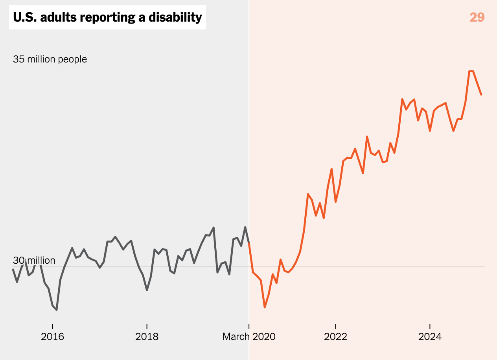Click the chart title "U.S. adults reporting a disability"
107,17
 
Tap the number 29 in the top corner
477,17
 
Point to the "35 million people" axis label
50,59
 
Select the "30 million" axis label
34,261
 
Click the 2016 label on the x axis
52,337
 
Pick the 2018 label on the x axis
147,337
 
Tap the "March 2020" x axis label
249,337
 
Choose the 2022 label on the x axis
335,337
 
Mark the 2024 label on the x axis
430,337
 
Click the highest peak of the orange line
471,72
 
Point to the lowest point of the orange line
265,307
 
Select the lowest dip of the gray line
57,310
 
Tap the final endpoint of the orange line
481,95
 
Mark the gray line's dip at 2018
147,290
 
